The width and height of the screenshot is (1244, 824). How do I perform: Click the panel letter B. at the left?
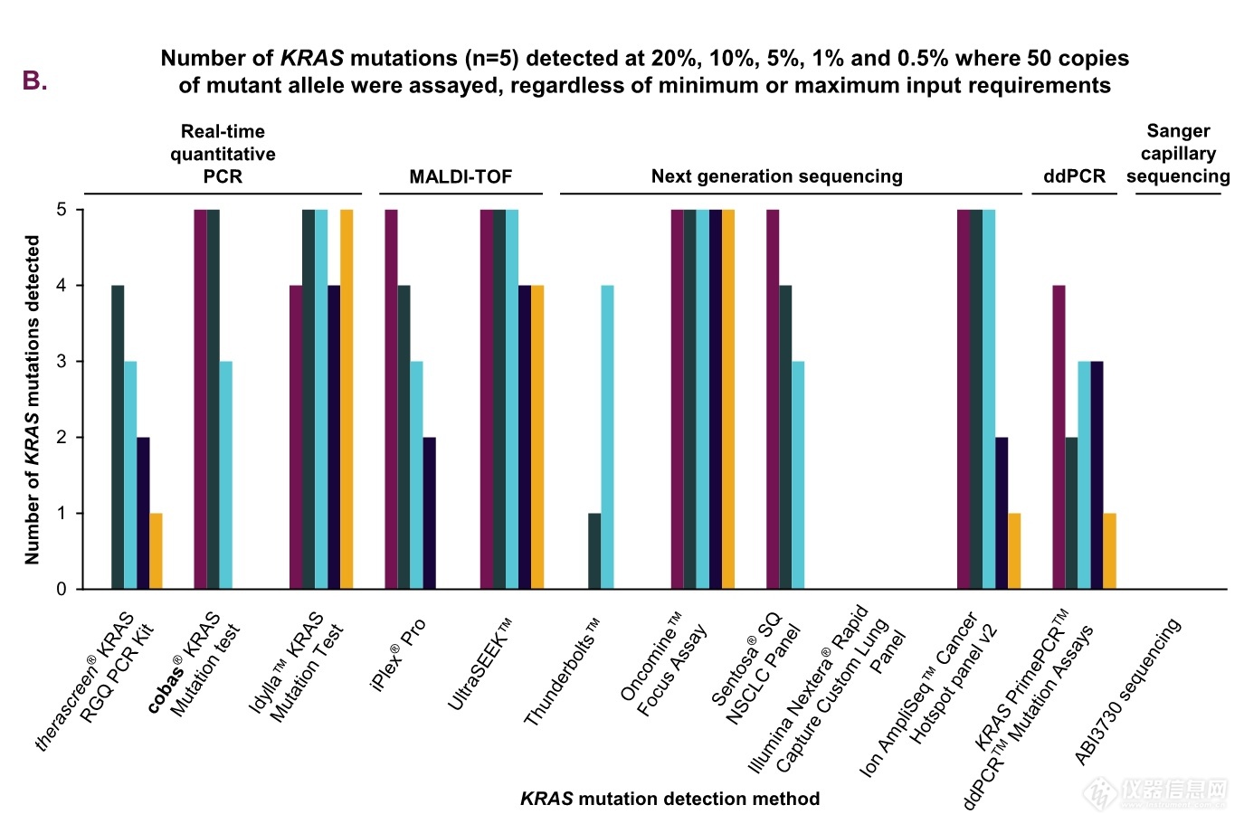[34, 81]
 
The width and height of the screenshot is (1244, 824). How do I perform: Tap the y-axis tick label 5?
[62, 210]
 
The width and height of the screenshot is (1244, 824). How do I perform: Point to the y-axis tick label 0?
[62, 589]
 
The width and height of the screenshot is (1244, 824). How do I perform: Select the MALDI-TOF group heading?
[461, 176]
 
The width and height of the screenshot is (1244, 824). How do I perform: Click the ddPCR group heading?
[1074, 176]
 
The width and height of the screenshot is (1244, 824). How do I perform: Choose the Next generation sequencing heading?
[776, 176]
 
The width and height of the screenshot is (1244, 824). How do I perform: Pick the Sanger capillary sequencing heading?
[1177, 154]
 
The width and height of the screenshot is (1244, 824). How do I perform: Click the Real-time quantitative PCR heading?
[223, 154]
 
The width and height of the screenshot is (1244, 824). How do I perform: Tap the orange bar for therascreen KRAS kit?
[156, 551]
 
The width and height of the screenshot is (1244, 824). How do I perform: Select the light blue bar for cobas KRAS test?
[225, 475]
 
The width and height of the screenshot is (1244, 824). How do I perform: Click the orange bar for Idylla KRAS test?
[347, 399]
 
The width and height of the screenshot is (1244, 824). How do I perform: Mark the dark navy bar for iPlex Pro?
[429, 513]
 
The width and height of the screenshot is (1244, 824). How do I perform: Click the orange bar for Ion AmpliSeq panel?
[1014, 551]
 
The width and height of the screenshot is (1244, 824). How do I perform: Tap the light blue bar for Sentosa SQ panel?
[798, 475]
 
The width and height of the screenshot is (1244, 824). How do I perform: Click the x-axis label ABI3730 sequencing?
[1128, 692]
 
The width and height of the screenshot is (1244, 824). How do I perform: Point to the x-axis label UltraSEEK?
[480, 665]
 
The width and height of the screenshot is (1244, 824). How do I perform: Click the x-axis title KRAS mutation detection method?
[669, 799]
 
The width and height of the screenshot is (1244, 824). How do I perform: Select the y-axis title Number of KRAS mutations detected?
[33, 400]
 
